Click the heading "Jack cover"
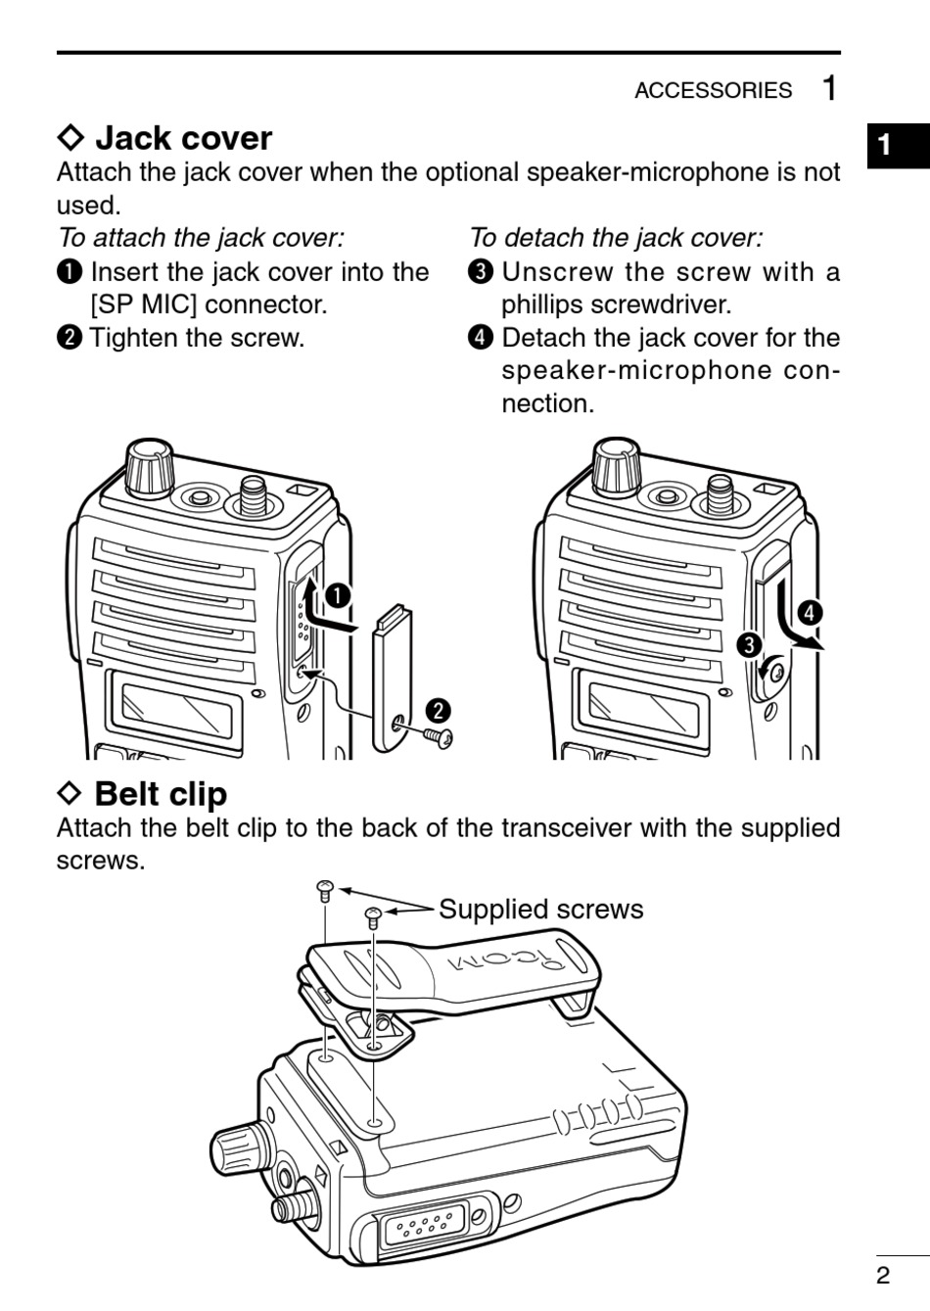pos(183,138)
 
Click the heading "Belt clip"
pos(161,794)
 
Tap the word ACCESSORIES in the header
pos(713,90)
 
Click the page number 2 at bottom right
pos(883,1275)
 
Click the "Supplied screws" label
pos(540,910)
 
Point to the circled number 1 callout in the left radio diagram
pos(338,595)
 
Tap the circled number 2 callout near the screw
pos(437,710)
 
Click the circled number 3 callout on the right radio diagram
pos(749,645)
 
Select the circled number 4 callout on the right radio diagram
pos(809,614)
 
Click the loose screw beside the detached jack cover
pos(438,736)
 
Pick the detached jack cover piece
pos(393,676)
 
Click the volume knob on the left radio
pos(149,469)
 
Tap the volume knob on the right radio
pos(617,469)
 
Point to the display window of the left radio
pos(179,712)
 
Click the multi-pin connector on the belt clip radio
pos(421,1226)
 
